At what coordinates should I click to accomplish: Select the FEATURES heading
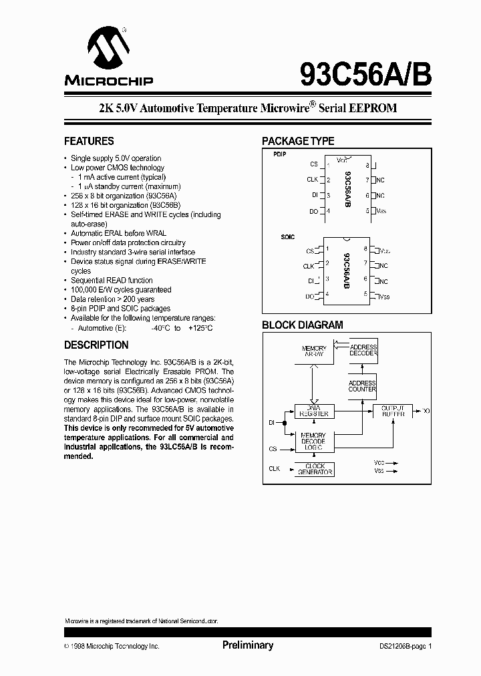click(89, 142)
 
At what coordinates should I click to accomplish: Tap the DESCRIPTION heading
click(96, 345)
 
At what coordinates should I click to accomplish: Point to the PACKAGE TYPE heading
click(298, 142)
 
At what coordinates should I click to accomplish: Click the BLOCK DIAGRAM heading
click(302, 325)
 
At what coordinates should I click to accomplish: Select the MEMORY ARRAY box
click(314, 352)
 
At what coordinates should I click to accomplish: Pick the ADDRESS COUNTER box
click(363, 387)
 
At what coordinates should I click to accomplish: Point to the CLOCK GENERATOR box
click(314, 470)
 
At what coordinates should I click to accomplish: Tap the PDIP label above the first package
click(279, 154)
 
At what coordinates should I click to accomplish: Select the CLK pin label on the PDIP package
click(312, 180)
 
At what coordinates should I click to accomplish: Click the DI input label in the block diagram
click(272, 422)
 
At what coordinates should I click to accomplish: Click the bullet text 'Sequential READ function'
click(112, 281)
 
